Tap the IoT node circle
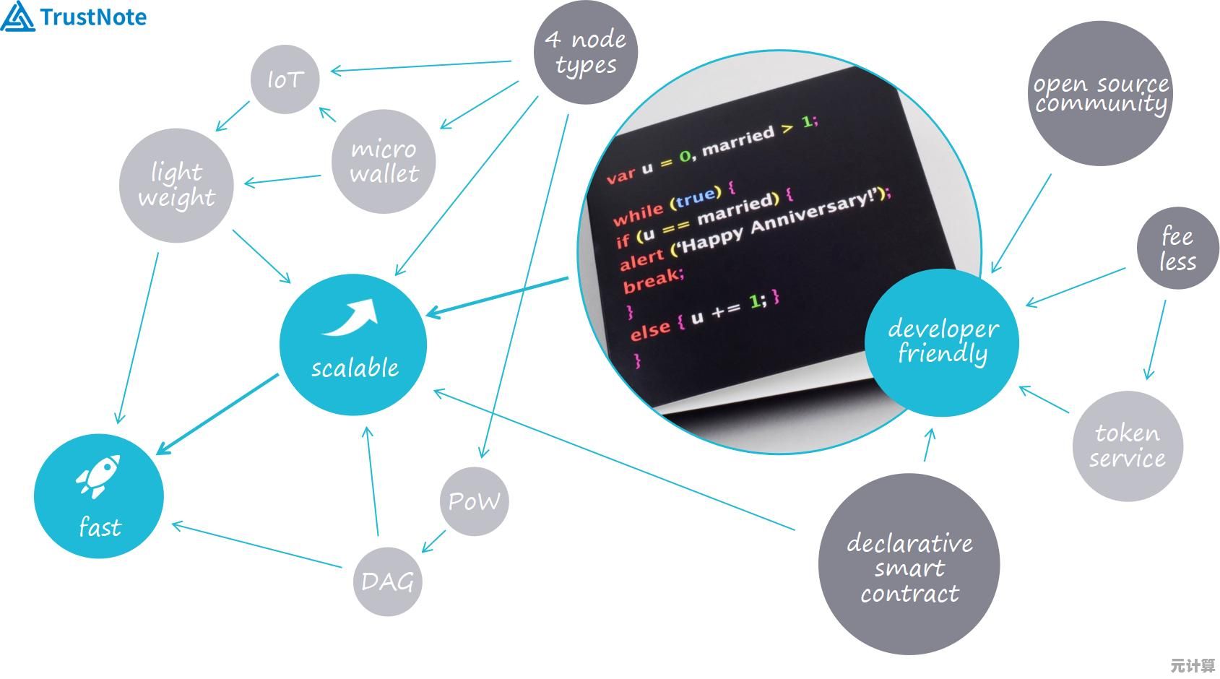pos(285,79)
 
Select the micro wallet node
pos(384,161)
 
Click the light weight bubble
pos(176,185)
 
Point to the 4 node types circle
pos(586,52)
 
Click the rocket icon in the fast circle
pos(98,476)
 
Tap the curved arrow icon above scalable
pos(352,319)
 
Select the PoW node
pos(474,501)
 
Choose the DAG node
pos(388,581)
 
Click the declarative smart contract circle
pos(909,565)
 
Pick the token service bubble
pos(1127,446)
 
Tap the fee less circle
pos(1177,248)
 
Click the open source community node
pos(1101,94)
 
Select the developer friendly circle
pos(943,342)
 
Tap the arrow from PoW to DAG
pos(434,541)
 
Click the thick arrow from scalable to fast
pos(217,415)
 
